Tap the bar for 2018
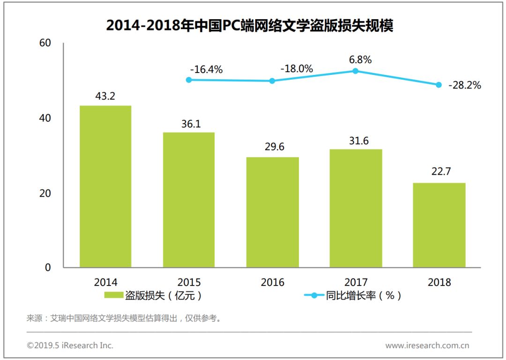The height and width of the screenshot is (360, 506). pos(439,225)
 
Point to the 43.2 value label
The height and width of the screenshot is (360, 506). pos(105,96)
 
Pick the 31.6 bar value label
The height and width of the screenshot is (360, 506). pos(356,140)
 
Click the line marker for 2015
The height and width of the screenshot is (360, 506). pos(189,80)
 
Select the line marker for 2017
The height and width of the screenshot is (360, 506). pos(356,71)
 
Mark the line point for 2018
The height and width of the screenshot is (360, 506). pos(439,85)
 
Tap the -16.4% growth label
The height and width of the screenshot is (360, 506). pos(206,70)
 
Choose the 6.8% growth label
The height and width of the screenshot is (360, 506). pos(360,59)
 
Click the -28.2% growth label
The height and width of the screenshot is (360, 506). pos(465,86)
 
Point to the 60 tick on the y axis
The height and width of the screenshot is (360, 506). pos(45,43)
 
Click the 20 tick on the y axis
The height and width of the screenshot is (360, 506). pos(45,193)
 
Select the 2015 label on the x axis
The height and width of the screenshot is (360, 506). pos(189,282)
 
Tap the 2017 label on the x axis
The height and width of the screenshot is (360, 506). pos(356,282)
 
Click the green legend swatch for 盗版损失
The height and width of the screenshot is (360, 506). pos(113,295)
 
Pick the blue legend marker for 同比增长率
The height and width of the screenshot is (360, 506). pos(314,295)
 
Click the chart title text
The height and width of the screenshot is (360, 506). pos(249,25)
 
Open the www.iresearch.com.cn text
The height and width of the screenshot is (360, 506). pos(427,345)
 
